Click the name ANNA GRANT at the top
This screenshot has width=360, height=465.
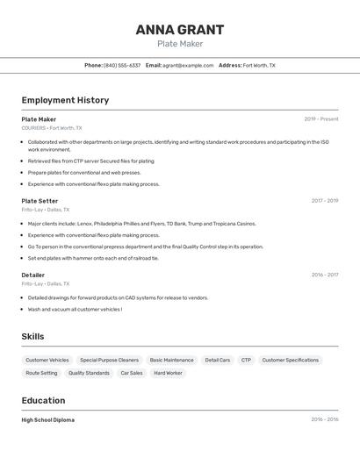pyautogui.click(x=179, y=30)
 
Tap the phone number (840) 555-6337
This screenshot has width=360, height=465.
pyautogui.click(x=122, y=65)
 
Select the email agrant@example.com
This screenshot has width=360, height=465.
pyautogui.click(x=188, y=65)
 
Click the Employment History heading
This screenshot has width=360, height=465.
pyautogui.click(x=65, y=100)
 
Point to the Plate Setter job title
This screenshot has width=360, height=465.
pyautogui.click(x=40, y=201)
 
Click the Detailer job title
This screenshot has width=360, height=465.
pyautogui.click(x=33, y=275)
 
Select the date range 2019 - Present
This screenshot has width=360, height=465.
pyautogui.click(x=321, y=119)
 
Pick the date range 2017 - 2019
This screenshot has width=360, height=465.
pyautogui.click(x=324, y=201)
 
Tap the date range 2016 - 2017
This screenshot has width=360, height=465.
pyautogui.click(x=324, y=275)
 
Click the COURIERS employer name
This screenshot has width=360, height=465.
pyautogui.click(x=33, y=128)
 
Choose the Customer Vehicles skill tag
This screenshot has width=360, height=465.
pyautogui.click(x=47, y=360)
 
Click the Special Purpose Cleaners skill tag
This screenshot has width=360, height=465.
pyautogui.click(x=109, y=360)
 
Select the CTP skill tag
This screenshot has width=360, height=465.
pyautogui.click(x=246, y=360)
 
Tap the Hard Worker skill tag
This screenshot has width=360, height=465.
pyautogui.click(x=168, y=373)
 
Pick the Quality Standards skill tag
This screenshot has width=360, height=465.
pyautogui.click(x=89, y=373)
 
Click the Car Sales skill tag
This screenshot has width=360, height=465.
pyautogui.click(x=132, y=373)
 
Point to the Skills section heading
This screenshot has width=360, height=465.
pyautogui.click(x=32, y=337)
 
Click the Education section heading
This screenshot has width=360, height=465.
pyautogui.click(x=44, y=400)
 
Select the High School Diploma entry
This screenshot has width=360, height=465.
pyautogui.click(x=48, y=420)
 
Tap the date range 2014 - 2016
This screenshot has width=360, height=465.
pyautogui.click(x=324, y=419)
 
